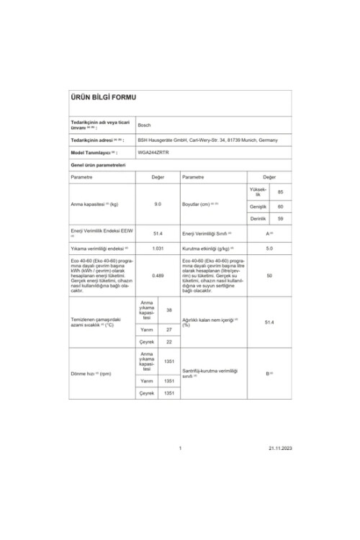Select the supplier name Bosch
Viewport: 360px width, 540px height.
click(x=144, y=125)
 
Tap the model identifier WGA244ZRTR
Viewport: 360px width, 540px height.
click(x=153, y=153)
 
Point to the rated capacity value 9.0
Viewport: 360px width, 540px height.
click(x=158, y=204)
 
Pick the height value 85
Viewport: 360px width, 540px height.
click(x=280, y=192)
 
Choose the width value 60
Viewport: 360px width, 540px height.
click(x=280, y=206)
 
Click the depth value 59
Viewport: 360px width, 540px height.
click(x=280, y=217)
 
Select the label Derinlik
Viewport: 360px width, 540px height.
click(x=258, y=217)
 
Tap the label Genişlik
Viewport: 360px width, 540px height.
click(x=258, y=206)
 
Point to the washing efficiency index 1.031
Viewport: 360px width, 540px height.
click(x=158, y=248)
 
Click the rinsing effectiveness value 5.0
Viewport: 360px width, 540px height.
click(x=269, y=248)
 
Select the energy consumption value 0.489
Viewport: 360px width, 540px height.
click(x=158, y=275)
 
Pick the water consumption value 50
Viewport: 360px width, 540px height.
click(x=269, y=275)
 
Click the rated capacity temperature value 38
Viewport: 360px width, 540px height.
click(x=168, y=310)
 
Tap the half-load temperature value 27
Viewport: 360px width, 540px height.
click(x=168, y=329)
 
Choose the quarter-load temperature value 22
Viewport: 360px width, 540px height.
click(x=168, y=342)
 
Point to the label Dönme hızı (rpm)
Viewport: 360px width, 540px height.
click(x=91, y=374)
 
